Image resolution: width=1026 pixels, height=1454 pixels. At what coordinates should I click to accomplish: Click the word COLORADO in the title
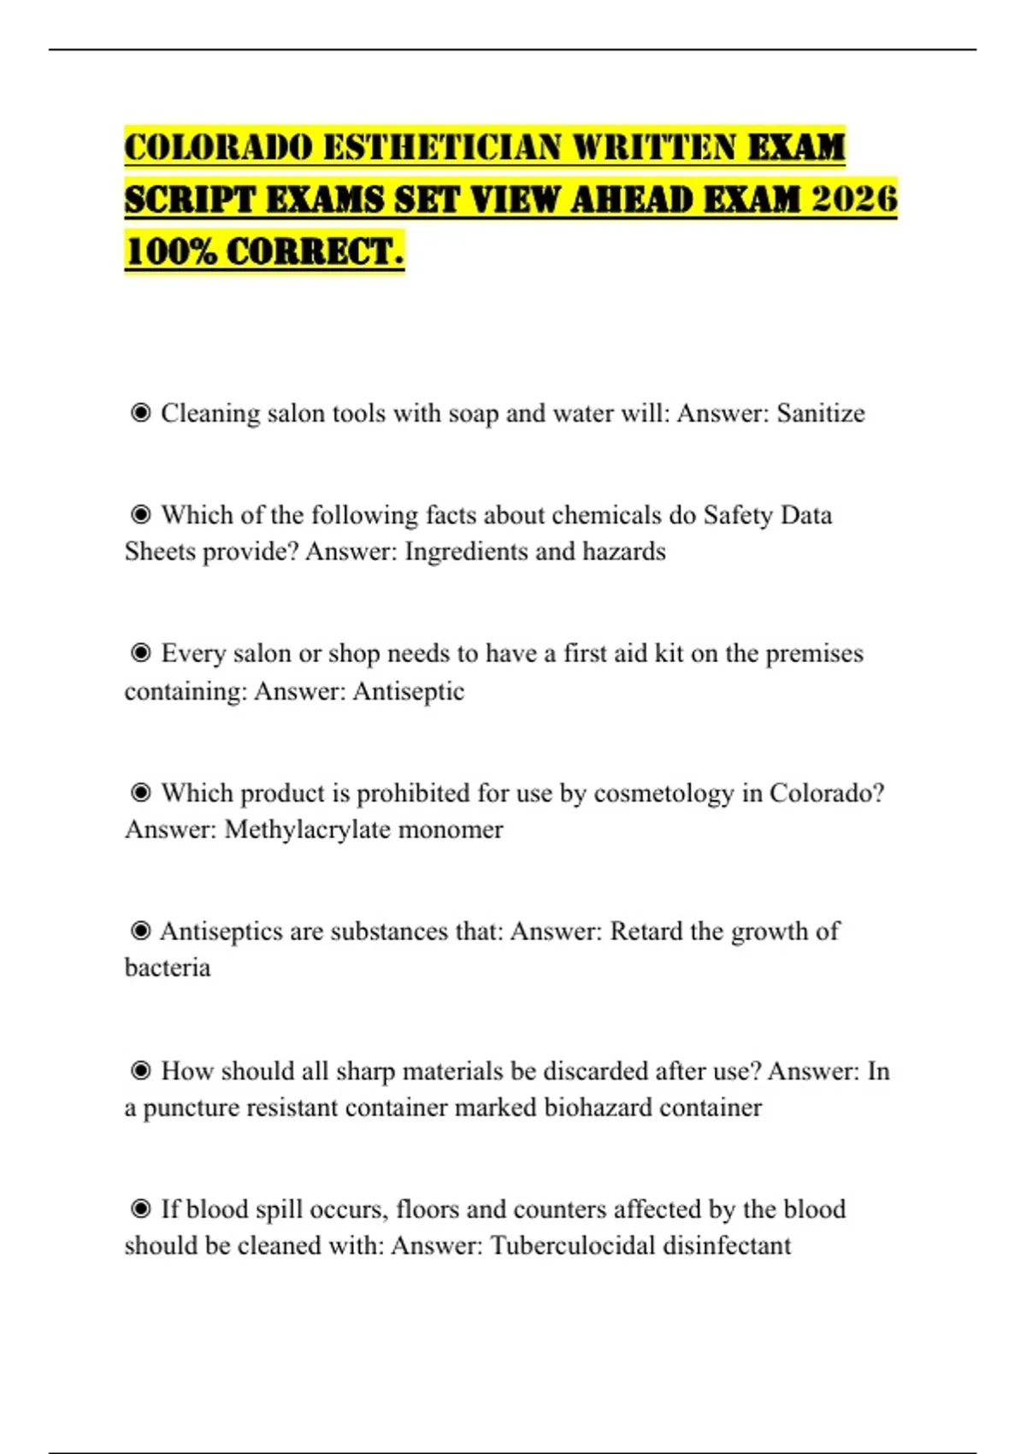pos(219,147)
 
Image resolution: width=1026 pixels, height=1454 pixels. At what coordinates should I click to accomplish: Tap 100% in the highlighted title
pos(170,251)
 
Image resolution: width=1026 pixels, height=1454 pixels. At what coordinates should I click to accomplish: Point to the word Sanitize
pos(820,413)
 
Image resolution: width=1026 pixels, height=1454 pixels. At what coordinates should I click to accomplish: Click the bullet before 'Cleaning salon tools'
pos(140,413)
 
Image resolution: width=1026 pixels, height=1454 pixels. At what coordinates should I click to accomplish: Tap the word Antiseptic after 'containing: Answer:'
pos(409,691)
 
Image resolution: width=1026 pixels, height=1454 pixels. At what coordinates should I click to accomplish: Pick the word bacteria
pos(168,968)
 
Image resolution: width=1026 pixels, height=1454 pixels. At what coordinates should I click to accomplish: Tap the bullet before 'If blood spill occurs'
pos(140,1209)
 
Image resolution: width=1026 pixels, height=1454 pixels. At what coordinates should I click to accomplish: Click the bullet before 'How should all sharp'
pos(140,1071)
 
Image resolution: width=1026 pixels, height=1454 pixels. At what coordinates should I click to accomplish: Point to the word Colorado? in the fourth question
pos(827,793)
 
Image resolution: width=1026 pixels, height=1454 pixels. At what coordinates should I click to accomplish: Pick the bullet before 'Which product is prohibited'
pos(140,793)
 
